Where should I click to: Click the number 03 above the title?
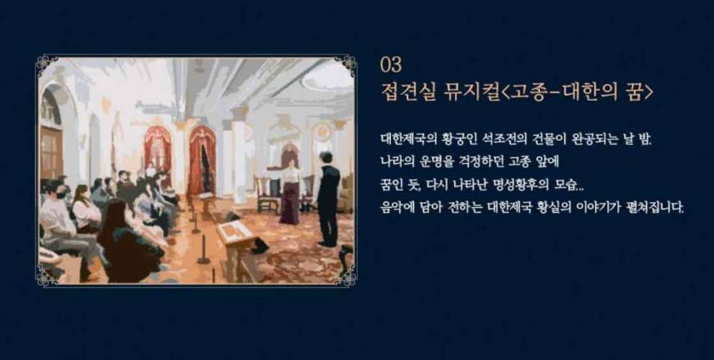click(391, 65)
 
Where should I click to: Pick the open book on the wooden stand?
click(235, 232)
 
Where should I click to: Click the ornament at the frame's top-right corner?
click(347, 64)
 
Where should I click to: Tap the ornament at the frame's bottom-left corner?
click(47, 276)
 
